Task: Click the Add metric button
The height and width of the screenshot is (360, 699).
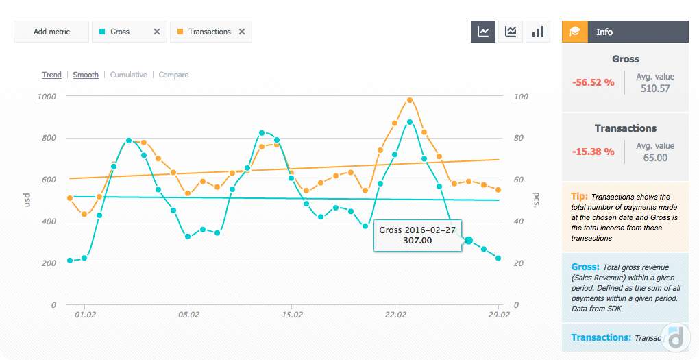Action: click(x=51, y=32)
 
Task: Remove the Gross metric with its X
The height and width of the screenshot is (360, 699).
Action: click(x=157, y=32)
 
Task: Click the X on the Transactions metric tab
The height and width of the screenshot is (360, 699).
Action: click(x=242, y=32)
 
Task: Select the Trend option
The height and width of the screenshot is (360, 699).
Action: click(x=51, y=75)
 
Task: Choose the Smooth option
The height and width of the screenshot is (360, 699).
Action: click(x=86, y=75)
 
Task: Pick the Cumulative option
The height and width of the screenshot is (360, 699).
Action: click(x=129, y=75)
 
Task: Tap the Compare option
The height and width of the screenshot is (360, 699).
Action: click(x=173, y=75)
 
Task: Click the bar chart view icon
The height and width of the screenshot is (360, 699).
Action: click(x=538, y=32)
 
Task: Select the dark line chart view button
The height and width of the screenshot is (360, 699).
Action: click(x=483, y=32)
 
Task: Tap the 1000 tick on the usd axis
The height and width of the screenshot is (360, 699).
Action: click(x=47, y=97)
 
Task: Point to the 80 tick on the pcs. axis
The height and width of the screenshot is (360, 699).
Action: click(x=521, y=139)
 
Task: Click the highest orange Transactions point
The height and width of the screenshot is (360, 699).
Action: click(x=410, y=100)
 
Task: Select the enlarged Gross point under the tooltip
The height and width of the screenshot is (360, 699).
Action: click(x=469, y=241)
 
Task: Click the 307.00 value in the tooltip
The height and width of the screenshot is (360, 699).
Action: click(x=417, y=241)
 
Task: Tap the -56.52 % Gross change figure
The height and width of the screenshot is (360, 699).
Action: click(x=593, y=82)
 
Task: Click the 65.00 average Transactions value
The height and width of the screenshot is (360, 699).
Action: click(x=654, y=158)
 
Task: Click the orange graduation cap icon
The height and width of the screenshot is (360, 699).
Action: click(x=575, y=32)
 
